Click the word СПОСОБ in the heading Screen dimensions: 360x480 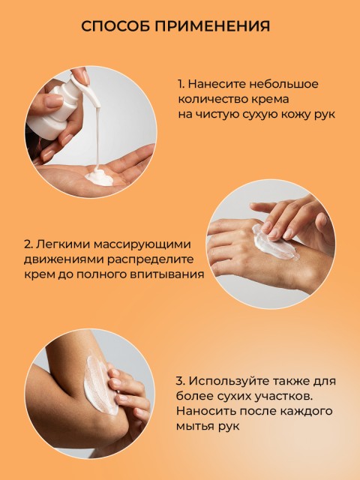point(115,26)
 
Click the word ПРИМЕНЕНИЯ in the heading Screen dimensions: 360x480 point(212,26)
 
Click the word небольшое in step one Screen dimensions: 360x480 point(283,84)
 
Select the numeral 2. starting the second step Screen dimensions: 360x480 point(28,244)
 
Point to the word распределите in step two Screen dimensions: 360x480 point(150,259)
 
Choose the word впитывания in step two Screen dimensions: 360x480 point(167,274)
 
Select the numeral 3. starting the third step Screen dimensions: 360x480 point(180,381)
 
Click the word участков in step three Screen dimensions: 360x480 point(283,397)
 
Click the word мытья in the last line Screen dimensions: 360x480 point(195,427)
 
